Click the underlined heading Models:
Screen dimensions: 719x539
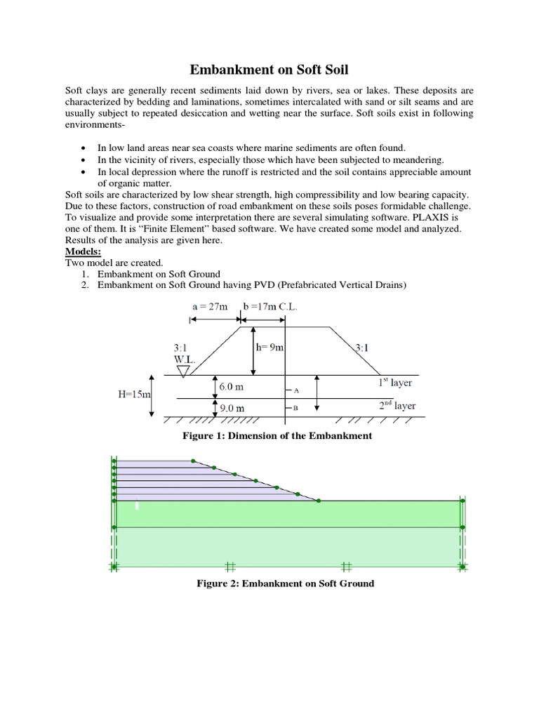[x=84, y=251]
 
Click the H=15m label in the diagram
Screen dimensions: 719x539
[x=134, y=395]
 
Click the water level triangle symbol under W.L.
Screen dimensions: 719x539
[x=184, y=370]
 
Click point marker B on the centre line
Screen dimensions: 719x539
[x=295, y=408]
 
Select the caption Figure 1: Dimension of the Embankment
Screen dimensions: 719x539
[x=277, y=436]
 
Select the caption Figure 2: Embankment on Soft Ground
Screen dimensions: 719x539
[x=277, y=583]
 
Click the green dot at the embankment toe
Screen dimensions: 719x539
[x=319, y=501]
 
